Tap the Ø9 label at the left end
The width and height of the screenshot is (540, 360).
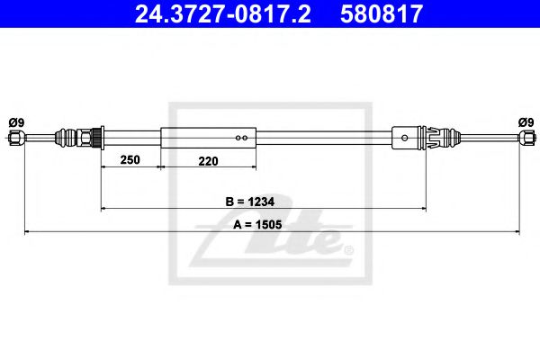tap(15, 122)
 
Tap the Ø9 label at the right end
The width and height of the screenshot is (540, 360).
tap(525, 122)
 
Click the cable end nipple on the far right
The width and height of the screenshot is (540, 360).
tap(524, 138)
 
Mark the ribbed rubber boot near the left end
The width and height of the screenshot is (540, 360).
tap(67, 138)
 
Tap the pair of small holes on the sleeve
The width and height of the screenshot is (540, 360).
tap(240, 138)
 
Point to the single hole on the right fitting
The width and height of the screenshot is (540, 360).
tap(406, 138)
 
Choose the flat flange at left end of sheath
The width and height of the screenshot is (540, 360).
tap(101, 138)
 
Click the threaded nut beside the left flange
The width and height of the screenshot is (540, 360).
tap(89, 138)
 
